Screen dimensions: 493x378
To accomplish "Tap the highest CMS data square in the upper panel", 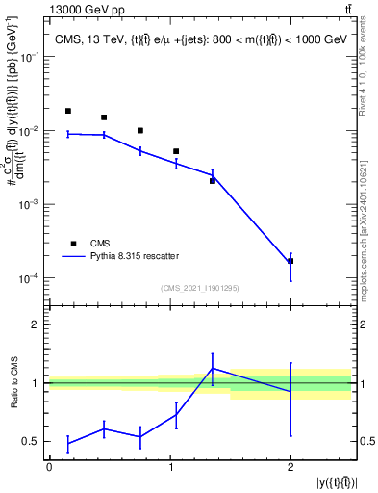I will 67,111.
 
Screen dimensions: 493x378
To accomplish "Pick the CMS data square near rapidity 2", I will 290,261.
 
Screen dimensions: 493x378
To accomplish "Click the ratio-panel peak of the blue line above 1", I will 213,368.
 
